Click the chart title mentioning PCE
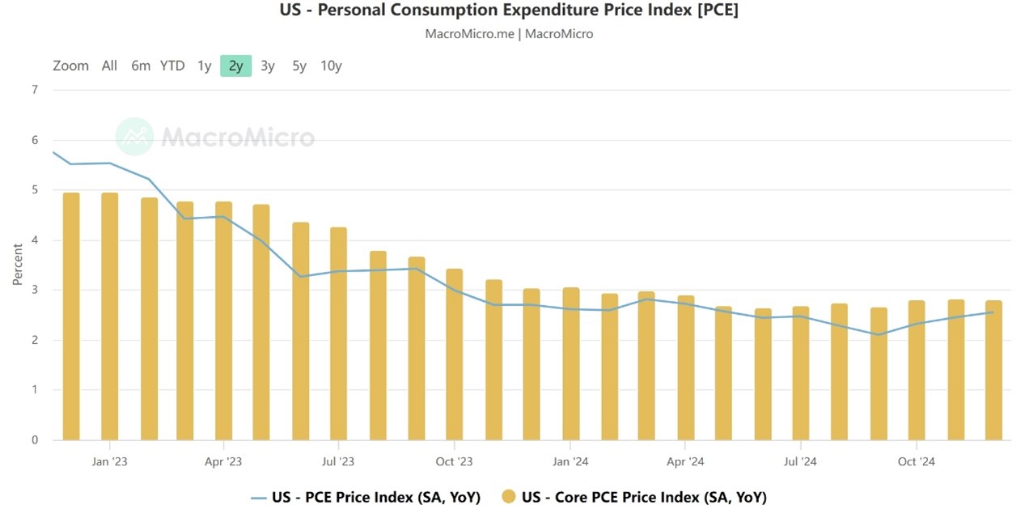(509, 11)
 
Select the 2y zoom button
(235, 66)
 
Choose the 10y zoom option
(331, 66)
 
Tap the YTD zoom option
(172, 66)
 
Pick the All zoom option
(109, 66)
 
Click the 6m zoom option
(141, 66)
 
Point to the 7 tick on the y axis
(34, 90)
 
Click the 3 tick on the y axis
(34, 290)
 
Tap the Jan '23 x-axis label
(109, 462)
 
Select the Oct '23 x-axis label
(454, 462)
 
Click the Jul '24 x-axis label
(799, 462)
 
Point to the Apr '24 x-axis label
(684, 462)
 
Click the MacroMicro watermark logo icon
(134, 137)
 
